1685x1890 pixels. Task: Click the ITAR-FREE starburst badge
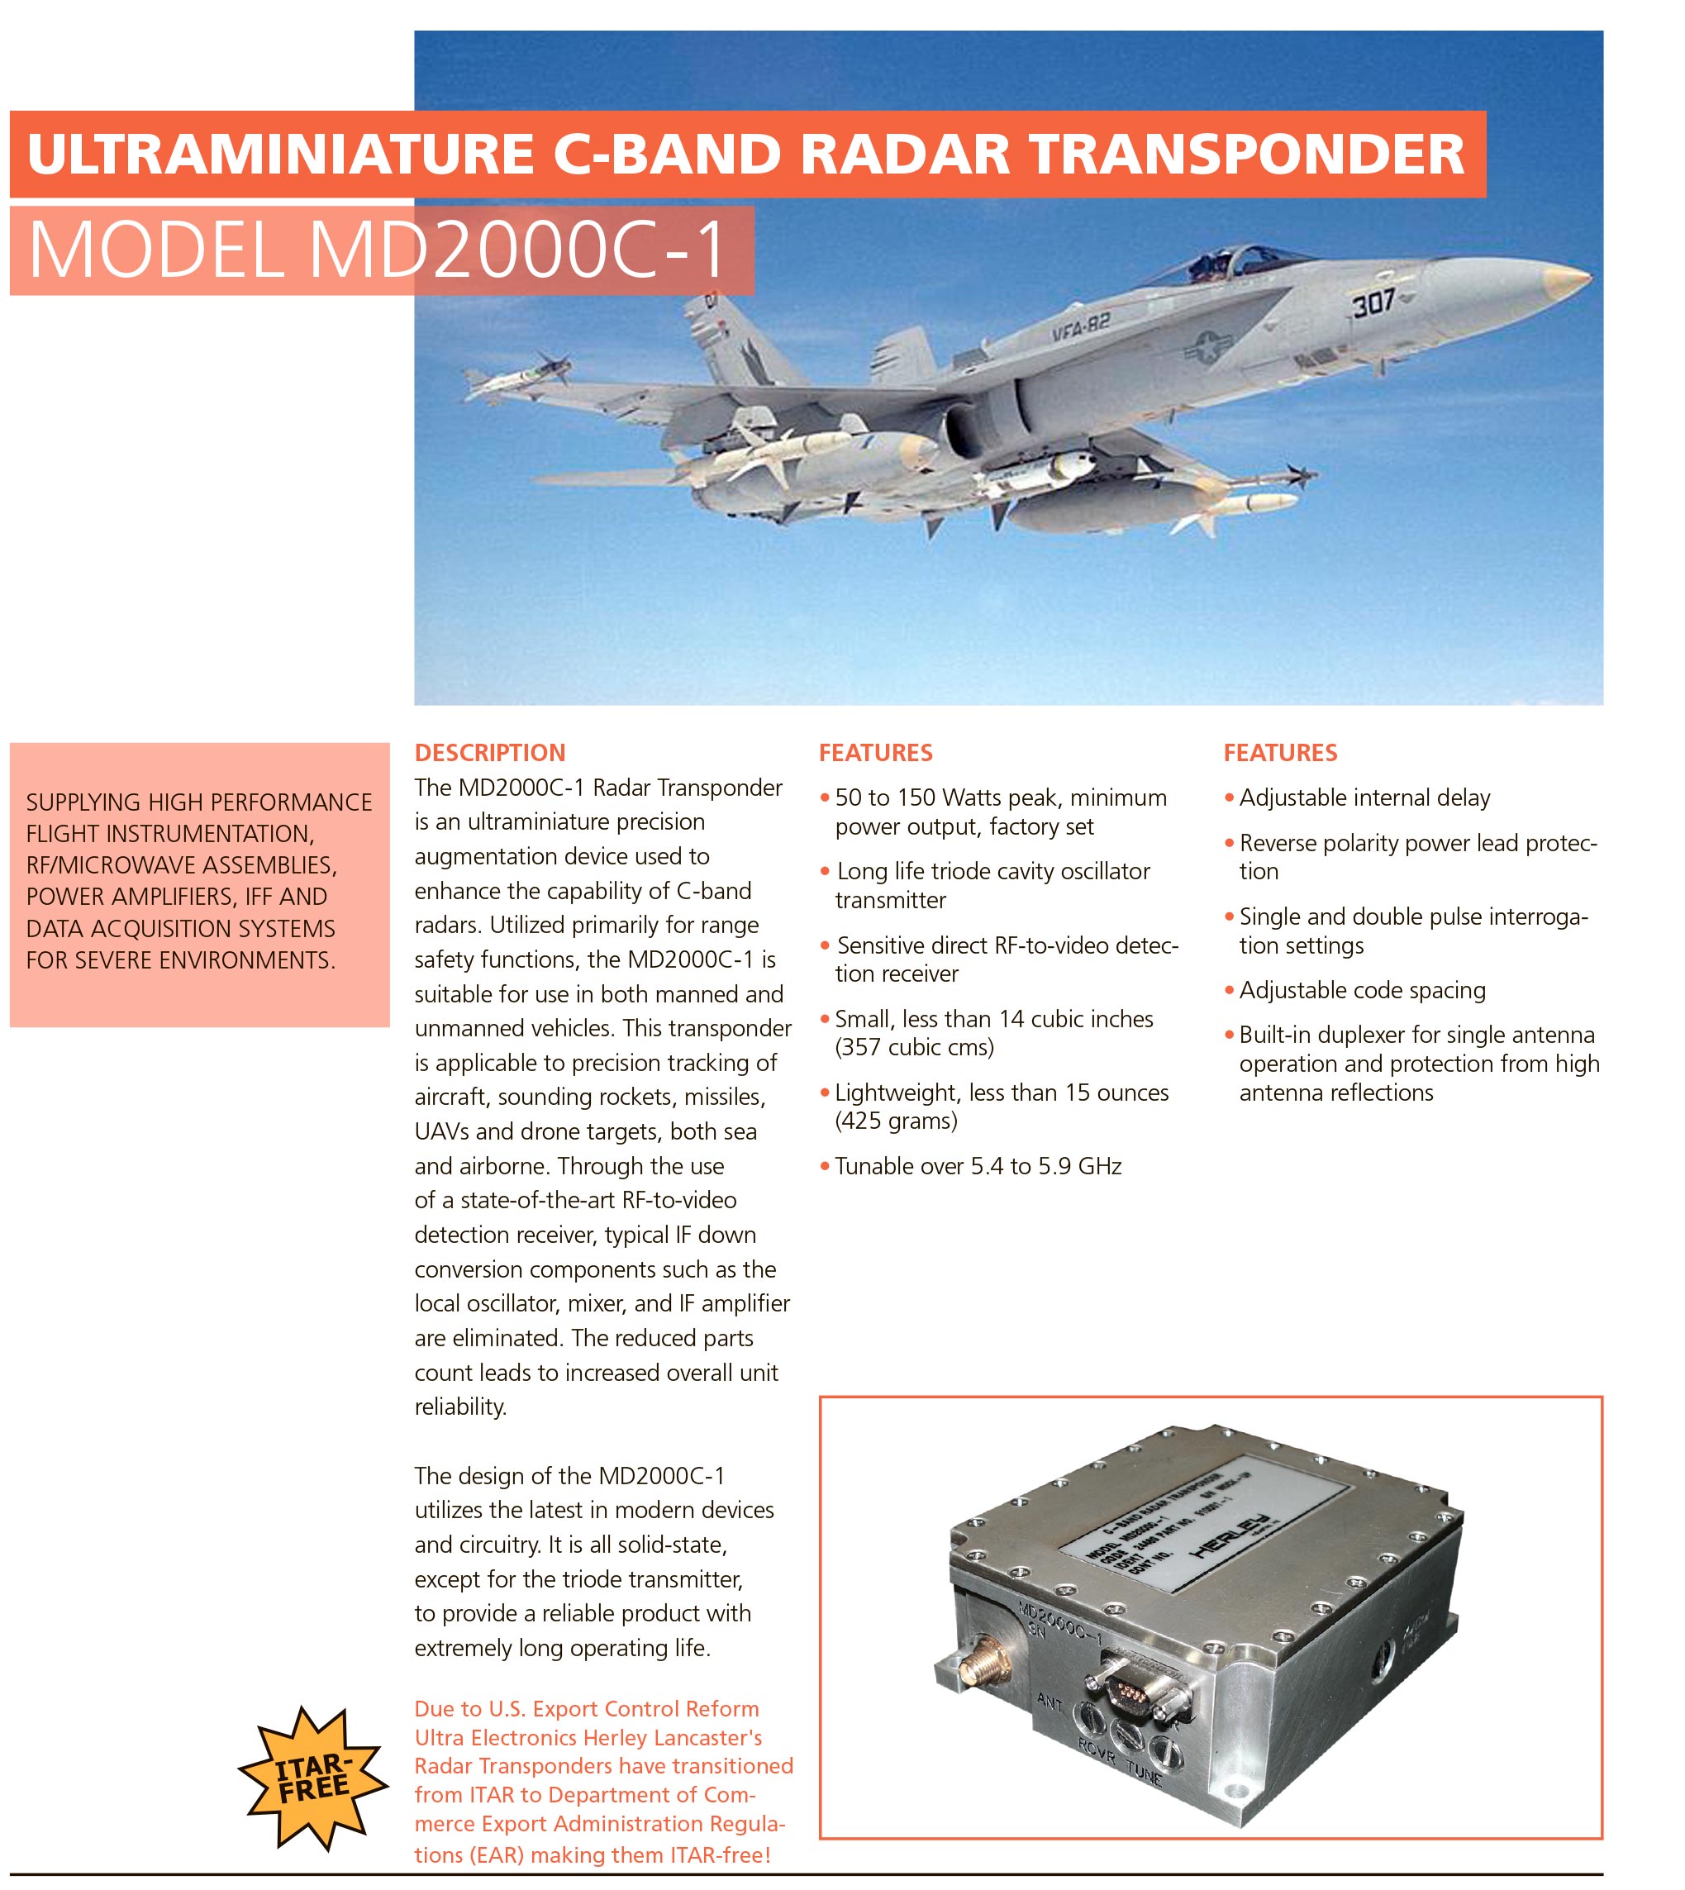[313, 1778]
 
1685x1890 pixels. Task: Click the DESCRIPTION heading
[490, 753]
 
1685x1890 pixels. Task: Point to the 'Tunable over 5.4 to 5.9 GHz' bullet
[978, 1166]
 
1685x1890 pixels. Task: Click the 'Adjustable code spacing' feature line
[1362, 990]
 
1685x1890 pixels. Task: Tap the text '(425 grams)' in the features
[896, 1121]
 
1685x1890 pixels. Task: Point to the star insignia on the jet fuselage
[1207, 349]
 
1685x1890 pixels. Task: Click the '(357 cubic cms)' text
[915, 1047]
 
